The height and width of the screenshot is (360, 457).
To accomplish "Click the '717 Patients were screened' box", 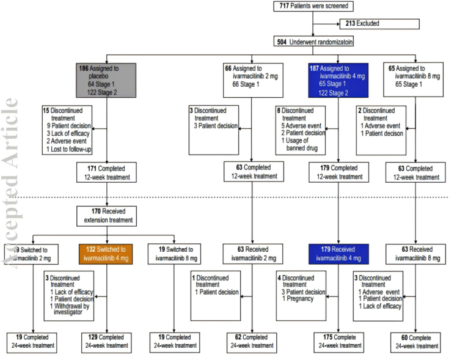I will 313,7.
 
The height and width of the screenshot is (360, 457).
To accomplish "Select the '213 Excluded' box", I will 379,24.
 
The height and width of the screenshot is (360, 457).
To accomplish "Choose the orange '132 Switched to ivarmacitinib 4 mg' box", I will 108,254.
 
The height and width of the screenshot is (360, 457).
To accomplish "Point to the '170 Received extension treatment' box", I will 108,216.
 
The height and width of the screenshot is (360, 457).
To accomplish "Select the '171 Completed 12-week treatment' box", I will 107,173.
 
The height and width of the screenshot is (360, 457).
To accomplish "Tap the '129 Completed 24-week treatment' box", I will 108,341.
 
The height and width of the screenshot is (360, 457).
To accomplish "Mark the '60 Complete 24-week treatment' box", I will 415,342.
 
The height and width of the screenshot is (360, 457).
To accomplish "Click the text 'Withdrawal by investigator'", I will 71,310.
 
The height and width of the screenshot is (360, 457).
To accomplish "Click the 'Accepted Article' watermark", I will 11,183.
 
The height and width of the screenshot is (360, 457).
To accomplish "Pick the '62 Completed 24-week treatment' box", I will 252,342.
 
